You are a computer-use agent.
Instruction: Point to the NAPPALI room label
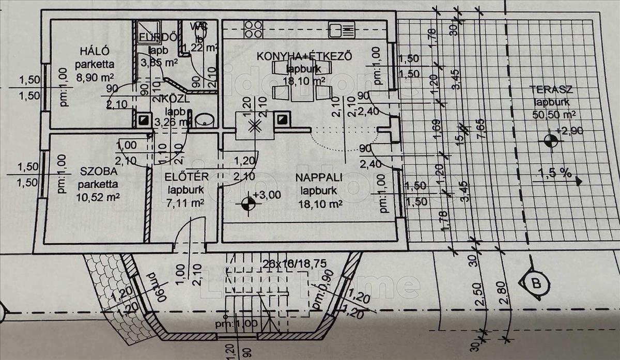319,177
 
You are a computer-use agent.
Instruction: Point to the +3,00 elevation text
267,195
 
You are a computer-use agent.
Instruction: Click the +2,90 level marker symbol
550,140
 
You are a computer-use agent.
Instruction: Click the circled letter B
537,283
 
